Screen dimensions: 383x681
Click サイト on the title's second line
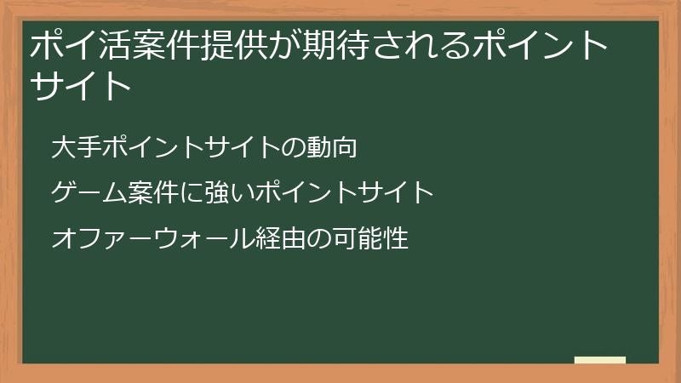click(x=82, y=86)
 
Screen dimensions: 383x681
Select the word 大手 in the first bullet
click(x=71, y=147)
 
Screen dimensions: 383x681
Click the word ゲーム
click(x=83, y=193)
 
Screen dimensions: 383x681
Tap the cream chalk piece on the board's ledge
click(x=600, y=360)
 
